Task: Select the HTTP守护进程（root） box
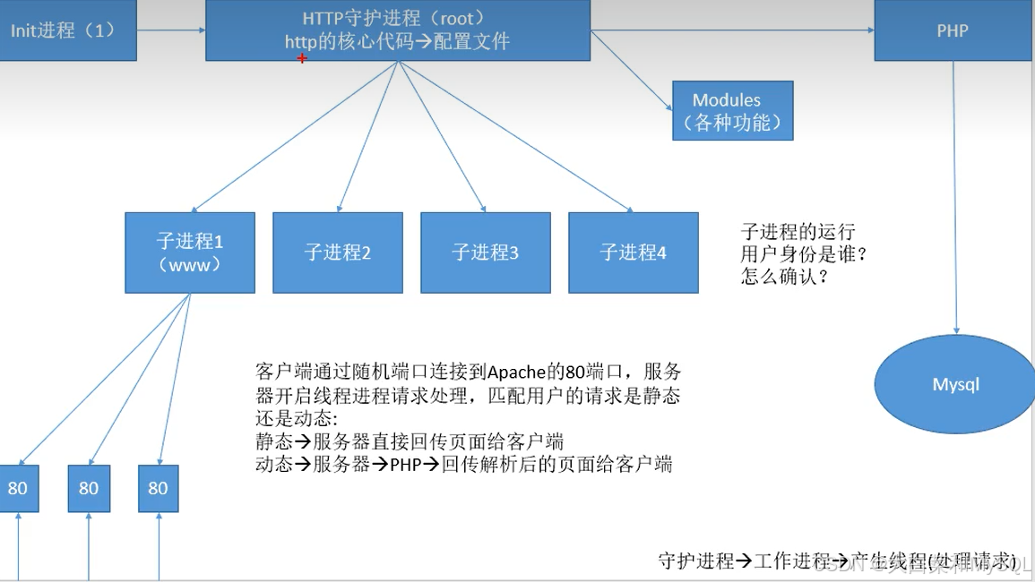(397, 30)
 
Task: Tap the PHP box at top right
(953, 30)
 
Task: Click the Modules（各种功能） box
(732, 111)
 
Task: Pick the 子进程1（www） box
(190, 252)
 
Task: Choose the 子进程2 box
(338, 252)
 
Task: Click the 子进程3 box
(486, 252)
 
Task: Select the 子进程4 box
(634, 252)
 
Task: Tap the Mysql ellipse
(955, 384)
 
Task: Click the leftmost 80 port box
(18, 488)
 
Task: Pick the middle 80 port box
(89, 488)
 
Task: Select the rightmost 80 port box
(159, 488)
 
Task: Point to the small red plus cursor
(302, 58)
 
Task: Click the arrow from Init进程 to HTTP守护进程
(171, 30)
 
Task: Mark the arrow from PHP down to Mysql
(955, 197)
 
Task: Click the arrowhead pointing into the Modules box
(668, 107)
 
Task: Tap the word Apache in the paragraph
(516, 372)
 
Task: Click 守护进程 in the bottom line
(696, 561)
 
